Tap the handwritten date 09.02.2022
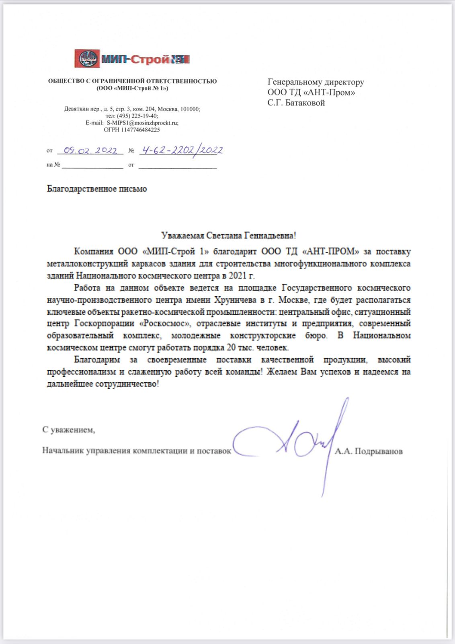pyautogui.click(x=90, y=151)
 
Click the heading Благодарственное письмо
pyautogui.click(x=97, y=189)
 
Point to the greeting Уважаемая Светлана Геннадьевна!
pyautogui.click(x=228, y=235)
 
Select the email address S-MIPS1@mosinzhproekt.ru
pyautogui.click(x=142, y=123)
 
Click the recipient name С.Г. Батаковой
pyautogui.click(x=296, y=103)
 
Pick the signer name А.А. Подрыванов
pyautogui.click(x=369, y=452)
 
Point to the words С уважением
pyautogui.click(x=69, y=430)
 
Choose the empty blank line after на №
pyautogui.click(x=92, y=165)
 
